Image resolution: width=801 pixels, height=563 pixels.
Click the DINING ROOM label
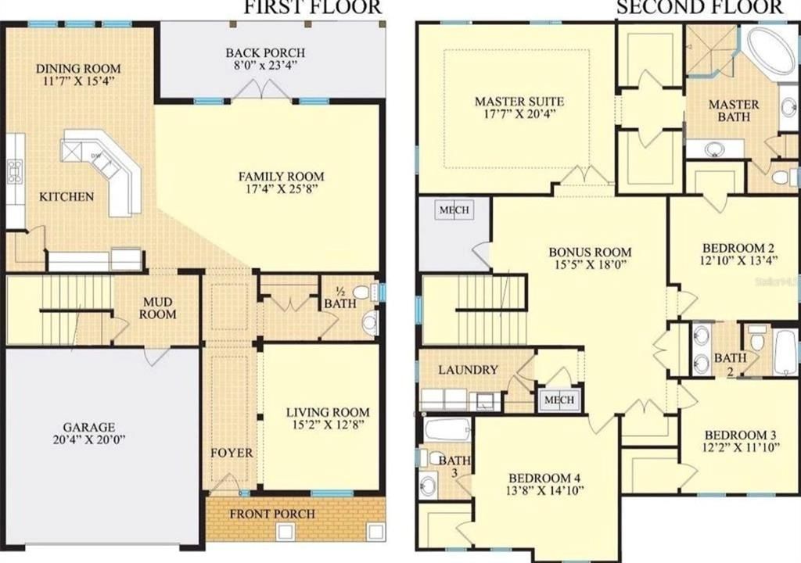pos(78,68)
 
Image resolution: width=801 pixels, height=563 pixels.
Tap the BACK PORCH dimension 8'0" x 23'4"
pos(265,66)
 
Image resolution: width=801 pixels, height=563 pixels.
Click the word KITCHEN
pos(66,196)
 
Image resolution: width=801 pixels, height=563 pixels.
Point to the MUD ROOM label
pos(158,307)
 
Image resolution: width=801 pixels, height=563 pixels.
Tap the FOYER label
pos(231,453)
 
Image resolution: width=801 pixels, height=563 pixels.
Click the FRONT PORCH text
pos(271,514)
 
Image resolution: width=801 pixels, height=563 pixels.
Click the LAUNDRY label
pos(468,369)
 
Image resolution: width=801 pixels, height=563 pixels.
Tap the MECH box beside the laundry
pos(559,400)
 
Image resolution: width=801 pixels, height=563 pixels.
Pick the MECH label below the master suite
pos(454,210)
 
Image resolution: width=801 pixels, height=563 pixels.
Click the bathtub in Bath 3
pos(447,429)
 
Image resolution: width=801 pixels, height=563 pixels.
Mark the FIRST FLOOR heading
pos(313,8)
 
